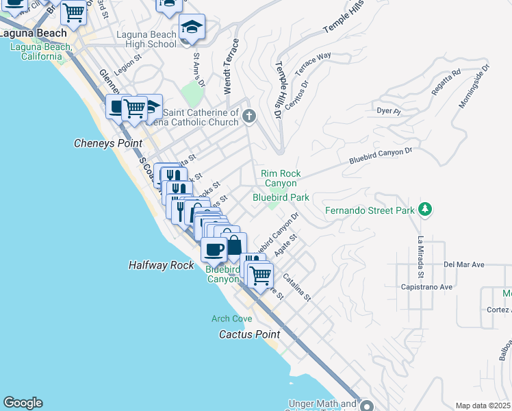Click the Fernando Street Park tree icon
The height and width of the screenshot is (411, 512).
[425, 209]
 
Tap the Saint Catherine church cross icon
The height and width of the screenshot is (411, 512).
[248, 116]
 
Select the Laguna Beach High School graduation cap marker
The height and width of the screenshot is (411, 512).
[192, 27]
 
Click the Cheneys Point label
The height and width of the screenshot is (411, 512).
[107, 143]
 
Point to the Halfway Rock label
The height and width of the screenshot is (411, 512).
[162, 264]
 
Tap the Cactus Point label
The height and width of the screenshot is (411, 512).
[249, 334]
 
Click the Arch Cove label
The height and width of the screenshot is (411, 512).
[231, 319]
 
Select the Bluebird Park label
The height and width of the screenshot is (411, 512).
[281, 197]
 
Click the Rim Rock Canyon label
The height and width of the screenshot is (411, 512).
[281, 178]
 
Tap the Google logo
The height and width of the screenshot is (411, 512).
[23, 403]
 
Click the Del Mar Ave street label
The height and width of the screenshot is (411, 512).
[463, 264]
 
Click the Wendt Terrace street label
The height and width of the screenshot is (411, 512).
[231, 66]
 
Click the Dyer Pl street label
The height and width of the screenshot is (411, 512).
[388, 110]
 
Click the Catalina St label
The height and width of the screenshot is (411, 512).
[297, 288]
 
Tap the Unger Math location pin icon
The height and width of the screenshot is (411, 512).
[367, 406]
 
